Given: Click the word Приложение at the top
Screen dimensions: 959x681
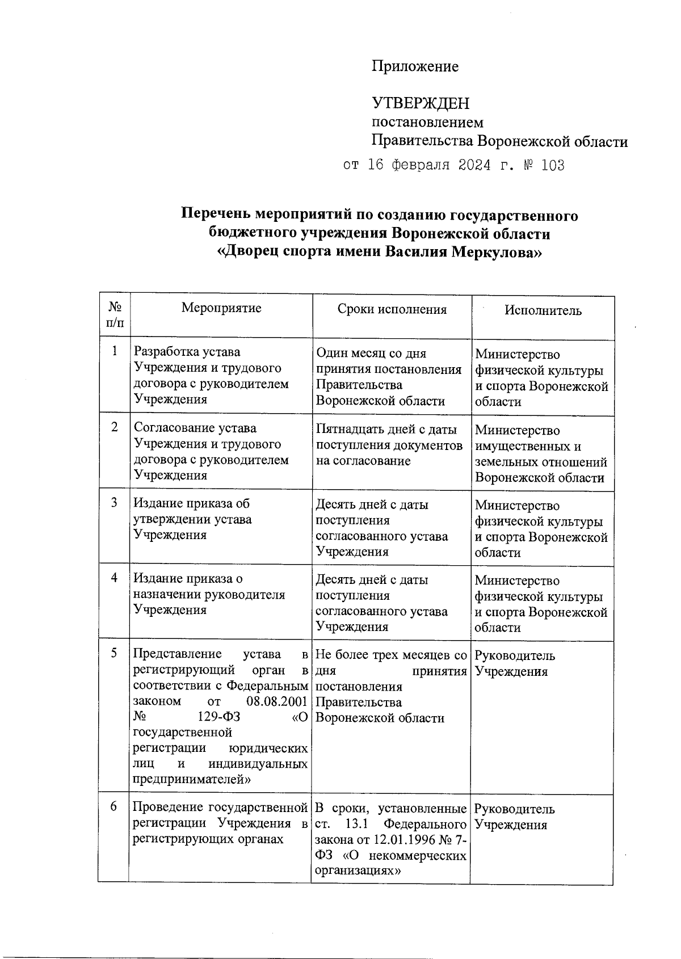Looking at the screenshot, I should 415,67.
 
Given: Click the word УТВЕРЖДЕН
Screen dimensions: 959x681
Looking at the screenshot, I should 421,103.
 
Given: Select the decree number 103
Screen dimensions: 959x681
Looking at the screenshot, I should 553,165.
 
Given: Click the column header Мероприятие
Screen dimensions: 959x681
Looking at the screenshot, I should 221,308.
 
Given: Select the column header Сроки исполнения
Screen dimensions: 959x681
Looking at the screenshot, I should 392,309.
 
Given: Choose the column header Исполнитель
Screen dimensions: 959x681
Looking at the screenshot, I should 543,310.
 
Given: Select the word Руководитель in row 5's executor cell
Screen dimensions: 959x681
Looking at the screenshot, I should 515,656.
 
